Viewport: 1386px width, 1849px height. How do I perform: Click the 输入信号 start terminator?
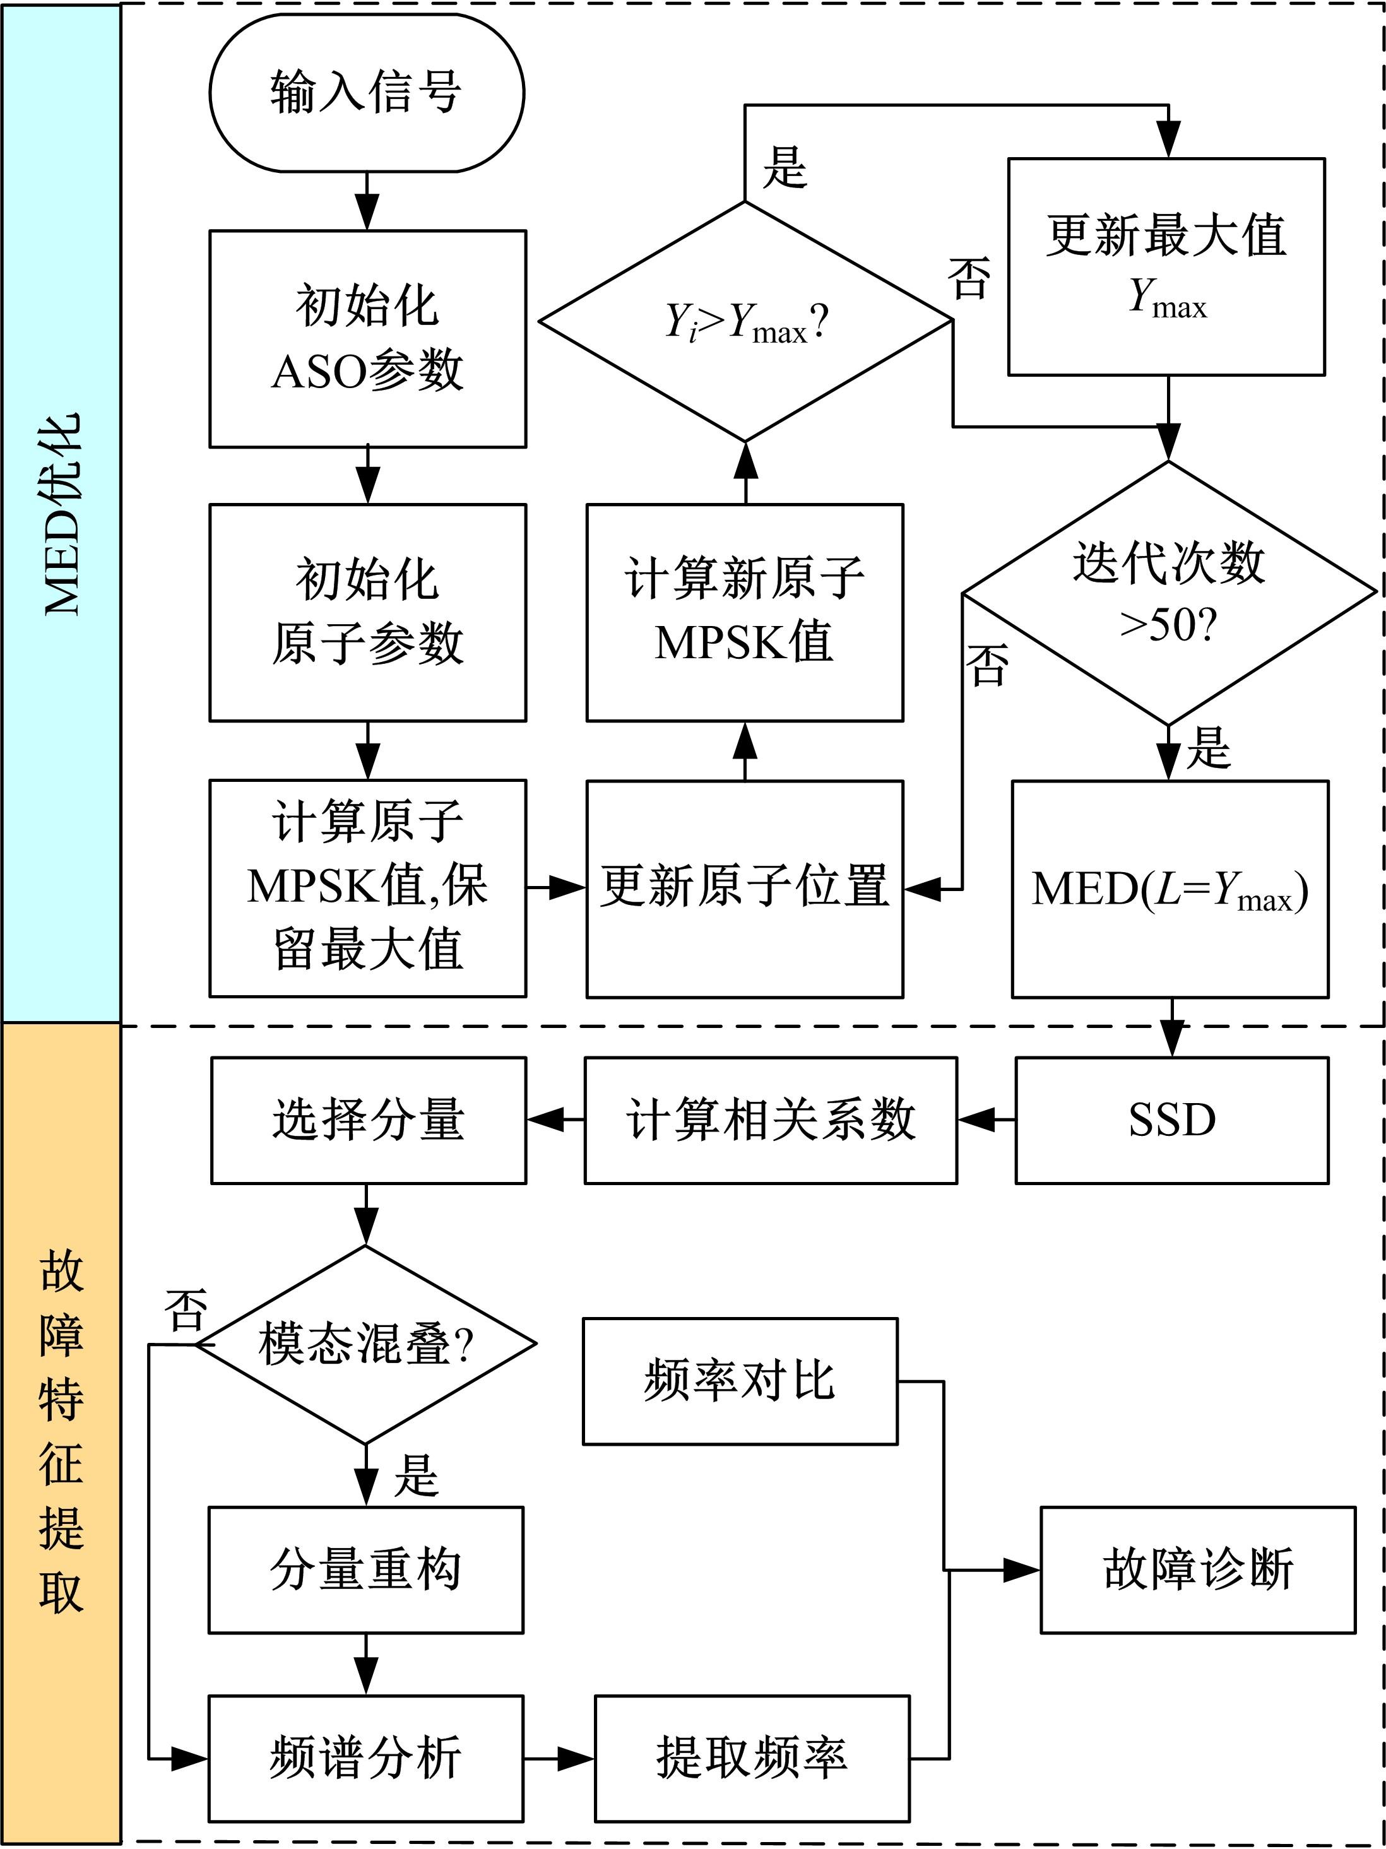[x=366, y=92]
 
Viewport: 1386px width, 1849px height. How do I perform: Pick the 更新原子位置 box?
[x=744, y=889]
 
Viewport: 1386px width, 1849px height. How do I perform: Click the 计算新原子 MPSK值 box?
[x=744, y=612]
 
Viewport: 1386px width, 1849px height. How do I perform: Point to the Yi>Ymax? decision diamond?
[x=745, y=321]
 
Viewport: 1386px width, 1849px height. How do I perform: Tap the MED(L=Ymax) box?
[x=1170, y=889]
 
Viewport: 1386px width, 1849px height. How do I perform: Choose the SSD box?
[x=1171, y=1120]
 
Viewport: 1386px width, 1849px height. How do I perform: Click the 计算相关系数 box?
[x=770, y=1120]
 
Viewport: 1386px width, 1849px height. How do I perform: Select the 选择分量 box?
[x=368, y=1120]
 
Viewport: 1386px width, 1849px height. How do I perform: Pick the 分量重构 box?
[x=365, y=1569]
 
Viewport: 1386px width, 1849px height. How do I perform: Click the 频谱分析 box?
[x=365, y=1758]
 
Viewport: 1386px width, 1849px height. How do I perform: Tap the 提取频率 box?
[x=752, y=1758]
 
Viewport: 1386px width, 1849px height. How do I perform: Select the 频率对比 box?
[x=740, y=1381]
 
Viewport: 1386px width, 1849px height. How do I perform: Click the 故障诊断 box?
[x=1197, y=1569]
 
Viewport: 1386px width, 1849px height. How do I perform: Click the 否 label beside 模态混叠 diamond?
[x=186, y=1310]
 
